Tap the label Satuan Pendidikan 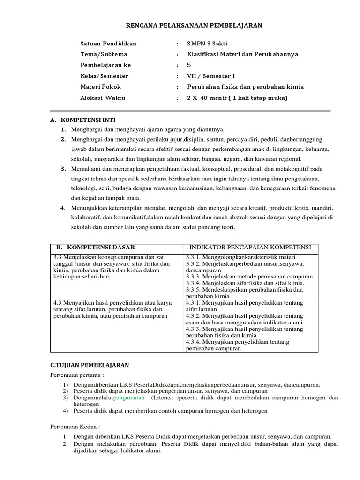[x=108, y=44]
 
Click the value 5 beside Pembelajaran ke [x=189, y=65]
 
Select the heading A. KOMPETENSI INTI [x=82, y=120]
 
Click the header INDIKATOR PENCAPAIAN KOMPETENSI [x=249, y=247]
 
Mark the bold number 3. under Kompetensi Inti [x=63, y=169]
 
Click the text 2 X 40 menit [x=210, y=98]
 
